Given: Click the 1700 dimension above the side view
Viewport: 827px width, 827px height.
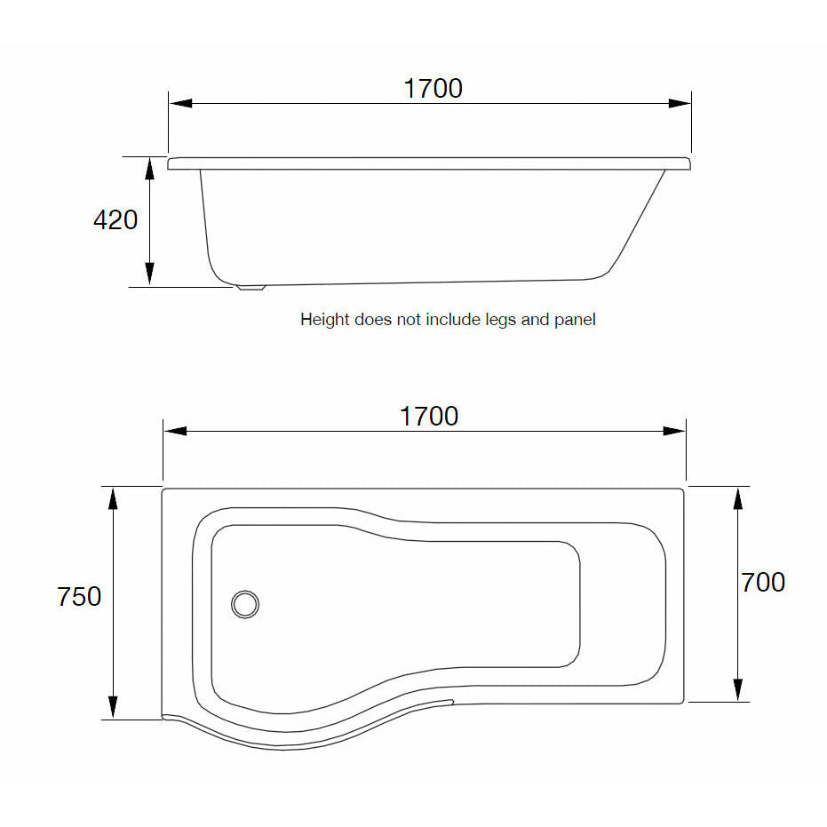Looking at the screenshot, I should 433,89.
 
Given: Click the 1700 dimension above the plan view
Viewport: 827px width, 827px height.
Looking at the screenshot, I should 428,417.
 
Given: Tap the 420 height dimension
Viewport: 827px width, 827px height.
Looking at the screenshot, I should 115,219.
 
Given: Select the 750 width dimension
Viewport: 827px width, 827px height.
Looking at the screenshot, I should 79,597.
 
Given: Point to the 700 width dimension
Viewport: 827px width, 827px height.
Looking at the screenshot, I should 762,583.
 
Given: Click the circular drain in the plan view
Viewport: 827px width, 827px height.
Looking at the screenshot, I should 245,604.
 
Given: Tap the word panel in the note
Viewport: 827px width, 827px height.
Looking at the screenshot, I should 575,320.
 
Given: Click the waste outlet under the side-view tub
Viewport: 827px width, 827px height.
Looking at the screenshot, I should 250,287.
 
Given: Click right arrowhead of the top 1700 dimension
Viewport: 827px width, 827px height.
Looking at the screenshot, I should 680,103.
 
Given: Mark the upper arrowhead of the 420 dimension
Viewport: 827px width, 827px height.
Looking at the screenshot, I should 150,168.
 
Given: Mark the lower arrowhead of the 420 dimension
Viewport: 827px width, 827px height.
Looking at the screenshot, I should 150,274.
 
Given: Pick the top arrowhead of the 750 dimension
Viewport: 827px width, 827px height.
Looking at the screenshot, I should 114,498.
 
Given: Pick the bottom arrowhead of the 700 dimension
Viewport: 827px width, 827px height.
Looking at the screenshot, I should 737,689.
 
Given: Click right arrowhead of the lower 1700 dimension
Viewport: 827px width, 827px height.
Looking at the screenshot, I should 674,431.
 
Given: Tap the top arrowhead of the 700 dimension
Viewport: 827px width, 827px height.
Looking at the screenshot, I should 737,498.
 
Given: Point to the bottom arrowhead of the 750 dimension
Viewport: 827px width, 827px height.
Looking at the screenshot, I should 114,707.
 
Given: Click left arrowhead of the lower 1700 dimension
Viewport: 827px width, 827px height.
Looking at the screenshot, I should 175,431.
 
